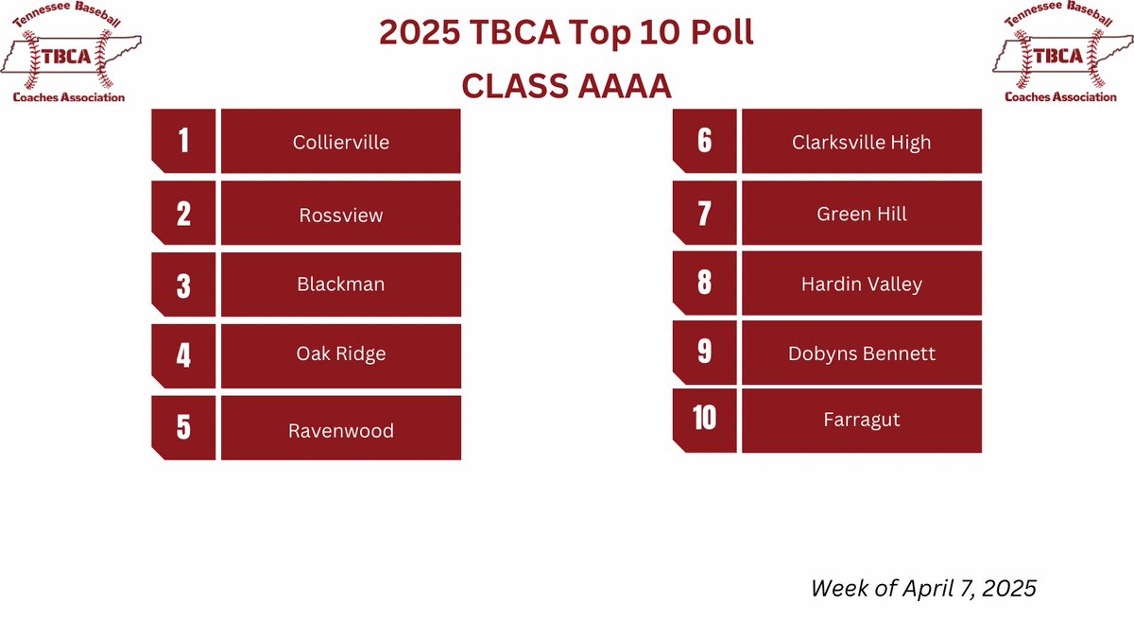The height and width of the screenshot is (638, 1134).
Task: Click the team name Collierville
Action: (340, 142)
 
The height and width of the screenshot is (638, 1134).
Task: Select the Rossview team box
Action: (340, 215)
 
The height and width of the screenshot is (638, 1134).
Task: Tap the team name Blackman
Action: (340, 284)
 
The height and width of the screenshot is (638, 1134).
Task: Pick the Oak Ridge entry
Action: (340, 354)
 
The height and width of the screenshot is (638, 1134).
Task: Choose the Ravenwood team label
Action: (340, 430)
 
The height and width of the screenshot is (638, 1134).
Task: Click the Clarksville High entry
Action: (861, 142)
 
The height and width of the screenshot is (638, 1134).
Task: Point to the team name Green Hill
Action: (861, 214)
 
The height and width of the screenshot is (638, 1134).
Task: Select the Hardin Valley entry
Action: (861, 284)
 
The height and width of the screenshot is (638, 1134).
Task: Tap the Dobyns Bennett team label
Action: (861, 353)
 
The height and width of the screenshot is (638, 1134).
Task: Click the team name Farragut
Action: (861, 420)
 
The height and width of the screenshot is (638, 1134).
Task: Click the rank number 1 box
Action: (183, 141)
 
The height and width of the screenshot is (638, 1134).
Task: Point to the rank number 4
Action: (183, 355)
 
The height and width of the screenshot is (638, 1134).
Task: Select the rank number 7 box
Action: (704, 213)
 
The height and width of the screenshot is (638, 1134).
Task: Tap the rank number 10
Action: (704, 419)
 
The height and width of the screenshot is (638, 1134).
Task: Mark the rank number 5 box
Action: (183, 427)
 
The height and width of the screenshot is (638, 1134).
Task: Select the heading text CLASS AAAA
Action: (566, 86)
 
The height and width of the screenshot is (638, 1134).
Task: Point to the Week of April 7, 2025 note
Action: (923, 588)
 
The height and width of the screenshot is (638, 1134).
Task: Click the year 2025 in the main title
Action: (419, 34)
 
